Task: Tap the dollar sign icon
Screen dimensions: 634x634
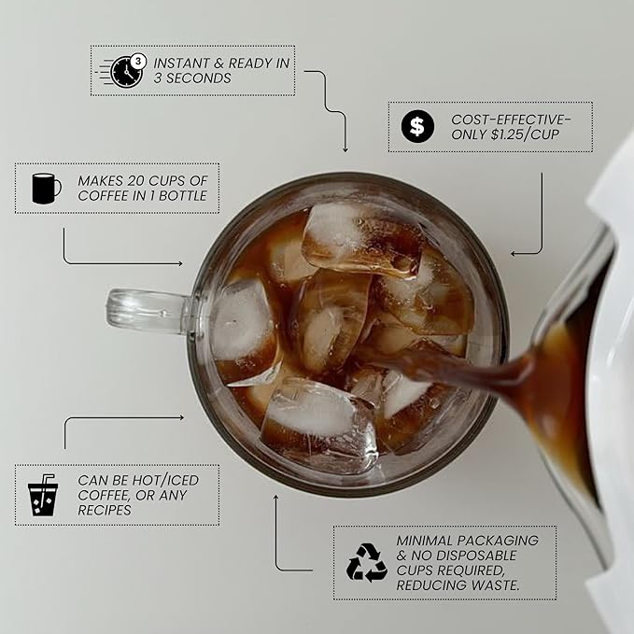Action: click(x=417, y=127)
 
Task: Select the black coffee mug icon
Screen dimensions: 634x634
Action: click(x=46, y=189)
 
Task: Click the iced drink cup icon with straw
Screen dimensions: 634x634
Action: click(x=42, y=495)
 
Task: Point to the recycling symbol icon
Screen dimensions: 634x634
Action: click(x=366, y=562)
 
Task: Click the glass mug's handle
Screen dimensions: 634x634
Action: click(x=148, y=312)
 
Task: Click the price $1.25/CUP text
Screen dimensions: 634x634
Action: click(x=526, y=134)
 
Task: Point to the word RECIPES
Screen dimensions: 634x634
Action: click(x=105, y=510)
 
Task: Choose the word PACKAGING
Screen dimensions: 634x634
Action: click(x=499, y=541)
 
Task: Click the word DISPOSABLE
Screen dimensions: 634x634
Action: click(x=476, y=556)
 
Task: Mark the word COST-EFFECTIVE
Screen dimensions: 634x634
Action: click(x=511, y=120)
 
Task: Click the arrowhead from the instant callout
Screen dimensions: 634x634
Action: click(x=345, y=150)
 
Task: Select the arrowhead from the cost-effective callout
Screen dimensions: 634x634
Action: click(x=513, y=254)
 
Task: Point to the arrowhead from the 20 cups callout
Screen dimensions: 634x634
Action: click(x=180, y=263)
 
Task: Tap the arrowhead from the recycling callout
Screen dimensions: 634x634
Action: click(x=276, y=498)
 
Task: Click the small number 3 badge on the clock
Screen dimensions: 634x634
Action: click(x=139, y=61)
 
